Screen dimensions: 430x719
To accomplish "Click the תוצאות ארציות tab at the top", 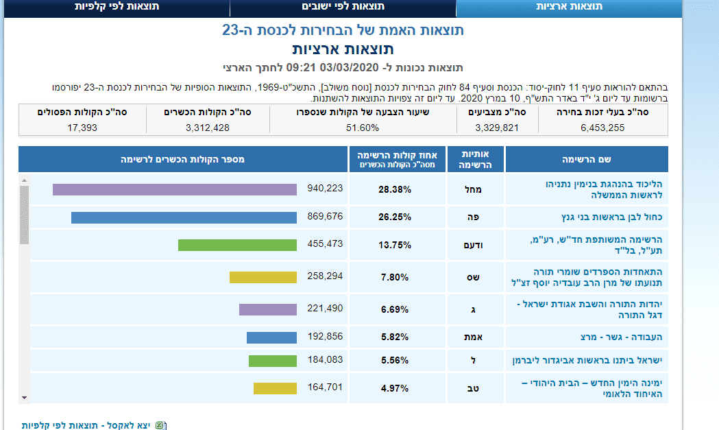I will [569, 7].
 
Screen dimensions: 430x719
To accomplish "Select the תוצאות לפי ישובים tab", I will [343, 7].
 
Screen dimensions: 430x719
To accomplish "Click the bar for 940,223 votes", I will [175, 189].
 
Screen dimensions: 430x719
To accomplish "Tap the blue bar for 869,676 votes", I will [184, 217].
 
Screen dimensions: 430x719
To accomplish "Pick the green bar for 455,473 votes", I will [237, 245].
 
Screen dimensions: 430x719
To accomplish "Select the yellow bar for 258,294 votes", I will [263, 277].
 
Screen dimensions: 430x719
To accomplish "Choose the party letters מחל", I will [475, 189].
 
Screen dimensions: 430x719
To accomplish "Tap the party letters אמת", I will [475, 337].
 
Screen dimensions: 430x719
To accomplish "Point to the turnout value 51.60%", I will [363, 128].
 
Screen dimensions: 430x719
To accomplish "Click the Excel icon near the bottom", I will [160, 425].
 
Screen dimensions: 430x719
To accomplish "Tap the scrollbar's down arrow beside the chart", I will [24, 397].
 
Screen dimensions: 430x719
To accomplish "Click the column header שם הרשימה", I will [587, 159].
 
